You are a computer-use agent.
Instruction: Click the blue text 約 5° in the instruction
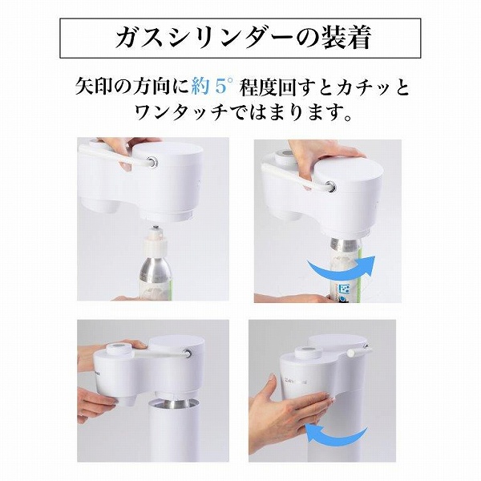coord(212,87)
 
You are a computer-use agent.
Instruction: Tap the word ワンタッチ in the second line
coord(182,112)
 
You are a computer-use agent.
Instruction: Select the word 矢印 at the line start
coord(94,87)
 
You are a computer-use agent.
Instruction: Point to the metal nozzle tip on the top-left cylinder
coord(156,228)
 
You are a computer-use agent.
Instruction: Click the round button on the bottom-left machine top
coord(119,349)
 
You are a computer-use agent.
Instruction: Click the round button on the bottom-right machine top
coord(308,352)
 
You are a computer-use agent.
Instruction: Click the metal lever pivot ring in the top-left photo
coord(152,161)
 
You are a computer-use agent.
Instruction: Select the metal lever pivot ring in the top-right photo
coord(330,186)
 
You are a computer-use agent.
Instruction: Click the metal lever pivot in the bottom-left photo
coord(186,353)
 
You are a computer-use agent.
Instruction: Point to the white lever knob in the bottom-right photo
coord(350,353)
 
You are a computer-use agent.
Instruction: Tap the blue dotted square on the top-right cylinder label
coord(346,289)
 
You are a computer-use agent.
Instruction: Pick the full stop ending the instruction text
coord(348,118)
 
